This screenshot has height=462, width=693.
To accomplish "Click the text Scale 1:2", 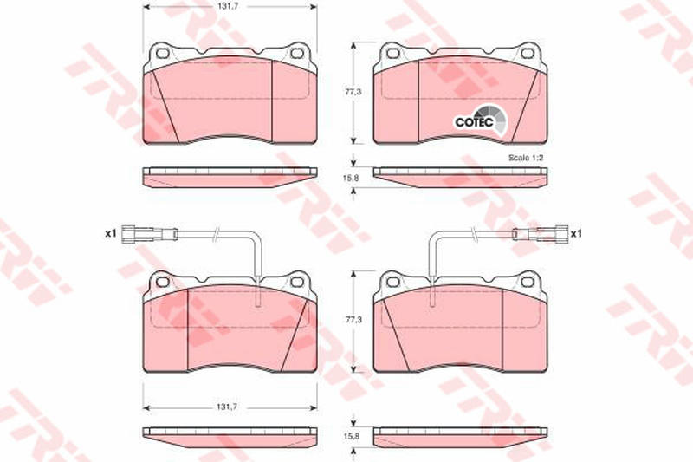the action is [526, 158].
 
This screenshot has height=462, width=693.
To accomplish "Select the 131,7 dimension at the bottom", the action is [229, 407].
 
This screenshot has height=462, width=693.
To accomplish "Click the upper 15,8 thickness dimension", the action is [352, 178].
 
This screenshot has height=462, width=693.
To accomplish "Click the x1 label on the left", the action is [110, 233].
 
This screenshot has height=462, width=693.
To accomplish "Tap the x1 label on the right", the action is [576, 233].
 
